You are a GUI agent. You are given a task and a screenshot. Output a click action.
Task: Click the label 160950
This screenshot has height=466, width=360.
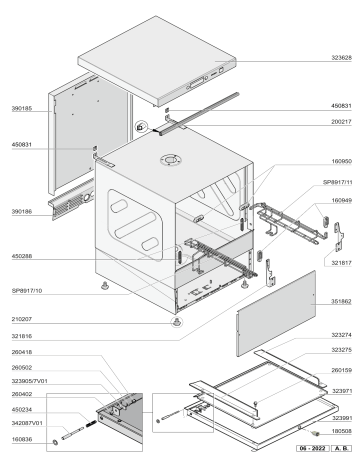[x=339, y=159]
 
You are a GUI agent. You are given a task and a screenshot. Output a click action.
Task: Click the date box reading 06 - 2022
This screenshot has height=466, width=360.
[x=311, y=452]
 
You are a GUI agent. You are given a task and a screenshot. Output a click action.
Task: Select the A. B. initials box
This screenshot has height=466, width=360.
[x=341, y=452]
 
